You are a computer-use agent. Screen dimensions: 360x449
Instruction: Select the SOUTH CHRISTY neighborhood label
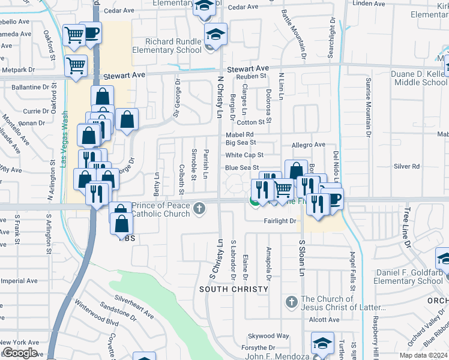pos(234,289)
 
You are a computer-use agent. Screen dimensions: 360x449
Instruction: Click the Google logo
pos(19,353)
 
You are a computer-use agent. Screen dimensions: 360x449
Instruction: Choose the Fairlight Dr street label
pos(280,221)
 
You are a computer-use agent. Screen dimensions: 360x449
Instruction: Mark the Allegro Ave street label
pos(308,145)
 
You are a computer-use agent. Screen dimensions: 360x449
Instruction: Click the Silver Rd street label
pos(406,166)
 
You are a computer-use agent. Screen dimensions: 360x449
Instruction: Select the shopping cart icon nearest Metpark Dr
pos(76,65)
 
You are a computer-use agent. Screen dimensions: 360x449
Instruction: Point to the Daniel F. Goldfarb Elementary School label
pos(408,277)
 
